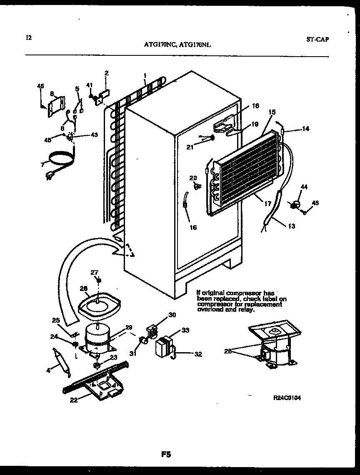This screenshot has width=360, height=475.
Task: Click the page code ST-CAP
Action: click(317, 40)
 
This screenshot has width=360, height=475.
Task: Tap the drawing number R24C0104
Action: click(287, 398)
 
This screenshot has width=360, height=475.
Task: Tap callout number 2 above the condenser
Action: click(106, 73)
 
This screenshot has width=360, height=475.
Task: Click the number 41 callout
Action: click(89, 85)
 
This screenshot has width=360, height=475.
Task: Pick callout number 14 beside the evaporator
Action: click(306, 129)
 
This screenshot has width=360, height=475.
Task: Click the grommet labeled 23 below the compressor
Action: click(96, 365)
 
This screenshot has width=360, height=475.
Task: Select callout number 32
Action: click(198, 355)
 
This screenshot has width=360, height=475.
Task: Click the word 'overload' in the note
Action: click(207, 310)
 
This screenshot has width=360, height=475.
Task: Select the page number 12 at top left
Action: click(28, 38)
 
